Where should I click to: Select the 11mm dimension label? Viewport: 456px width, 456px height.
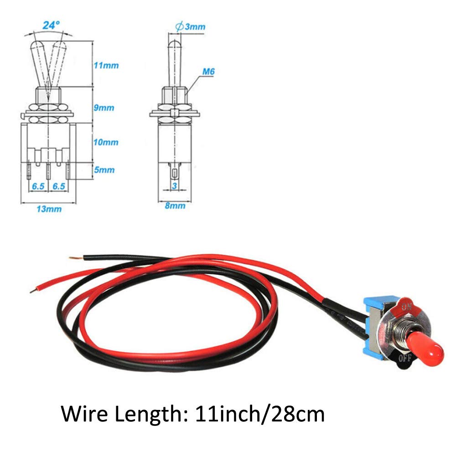tap(106, 65)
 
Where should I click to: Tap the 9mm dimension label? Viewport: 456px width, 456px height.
tap(104, 108)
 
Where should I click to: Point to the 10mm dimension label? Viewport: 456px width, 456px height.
tap(106, 142)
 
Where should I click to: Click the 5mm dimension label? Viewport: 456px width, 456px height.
tap(104, 170)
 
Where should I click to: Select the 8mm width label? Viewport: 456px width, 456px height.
tap(175, 206)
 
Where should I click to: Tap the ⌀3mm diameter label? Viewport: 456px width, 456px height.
tap(190, 26)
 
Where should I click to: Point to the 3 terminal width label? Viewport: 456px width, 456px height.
tap(174, 186)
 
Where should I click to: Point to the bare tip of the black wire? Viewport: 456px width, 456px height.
tap(73, 258)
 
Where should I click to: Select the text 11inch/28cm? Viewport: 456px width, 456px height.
tap(260, 415)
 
